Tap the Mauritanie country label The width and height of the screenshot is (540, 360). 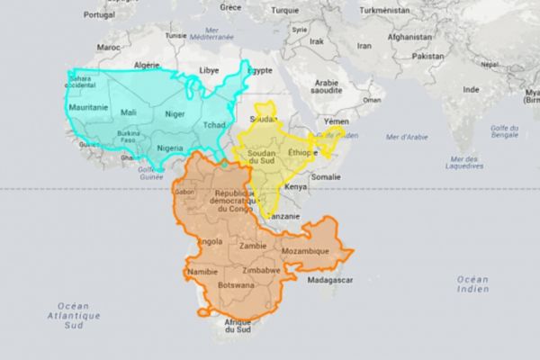click(x=88, y=107)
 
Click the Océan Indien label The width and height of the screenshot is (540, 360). click(x=472, y=285)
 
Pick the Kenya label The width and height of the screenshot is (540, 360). click(x=295, y=186)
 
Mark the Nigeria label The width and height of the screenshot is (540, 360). click(x=170, y=148)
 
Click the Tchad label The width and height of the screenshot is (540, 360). click(x=214, y=124)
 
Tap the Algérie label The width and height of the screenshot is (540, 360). click(x=147, y=66)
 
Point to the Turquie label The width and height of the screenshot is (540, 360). click(x=286, y=10)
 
